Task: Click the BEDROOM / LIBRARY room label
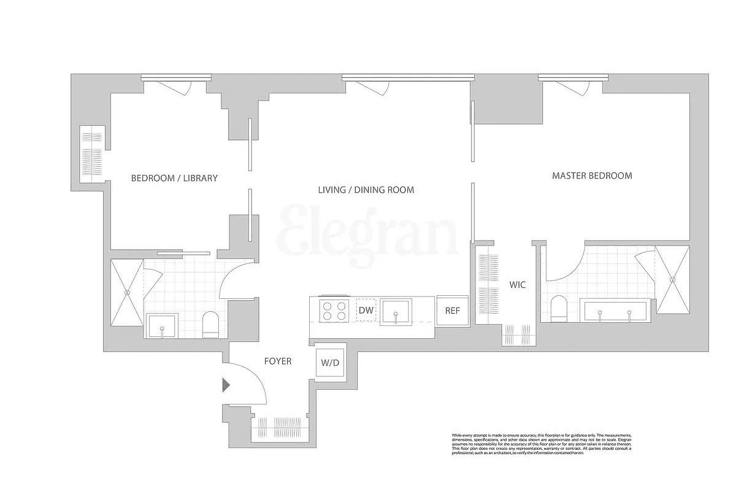click(x=174, y=179)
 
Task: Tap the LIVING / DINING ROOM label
click(x=366, y=190)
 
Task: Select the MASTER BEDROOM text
click(x=592, y=176)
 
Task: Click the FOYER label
click(x=277, y=361)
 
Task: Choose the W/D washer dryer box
click(x=330, y=363)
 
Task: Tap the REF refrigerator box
click(x=452, y=311)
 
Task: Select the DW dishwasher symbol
click(x=366, y=311)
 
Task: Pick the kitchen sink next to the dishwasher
click(x=396, y=312)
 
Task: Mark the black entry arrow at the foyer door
click(x=226, y=385)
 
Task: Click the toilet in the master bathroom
click(x=559, y=308)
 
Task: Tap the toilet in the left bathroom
click(x=210, y=325)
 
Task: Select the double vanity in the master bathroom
click(x=615, y=311)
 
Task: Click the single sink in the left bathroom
click(x=162, y=326)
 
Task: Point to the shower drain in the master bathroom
click(x=673, y=280)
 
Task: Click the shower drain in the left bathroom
click(x=127, y=293)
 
